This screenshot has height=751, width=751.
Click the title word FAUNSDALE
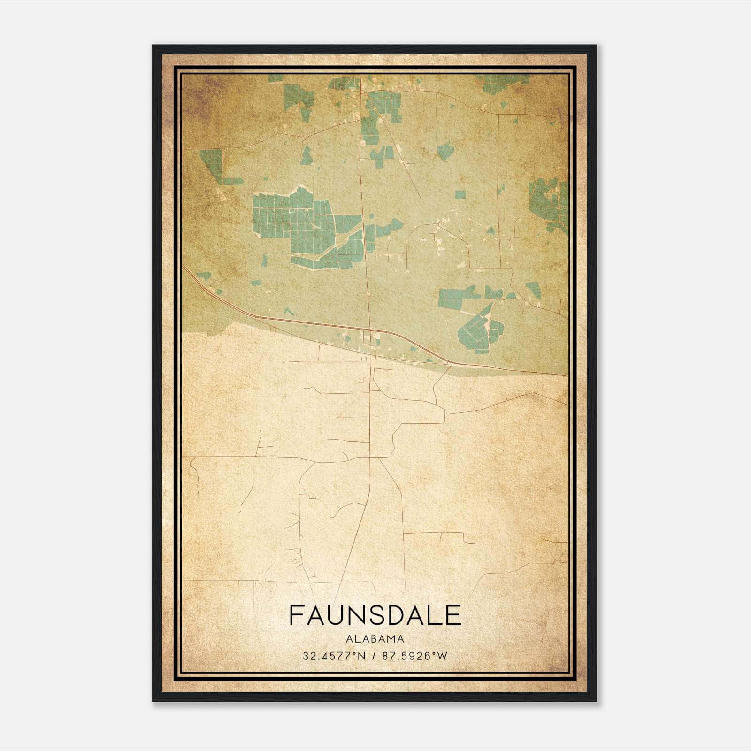[375, 615]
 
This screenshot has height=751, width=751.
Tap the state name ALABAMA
[375, 639]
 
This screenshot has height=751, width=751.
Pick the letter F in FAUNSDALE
[296, 615]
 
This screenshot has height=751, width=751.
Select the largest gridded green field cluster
[300, 225]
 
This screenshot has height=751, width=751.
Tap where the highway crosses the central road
[370, 330]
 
